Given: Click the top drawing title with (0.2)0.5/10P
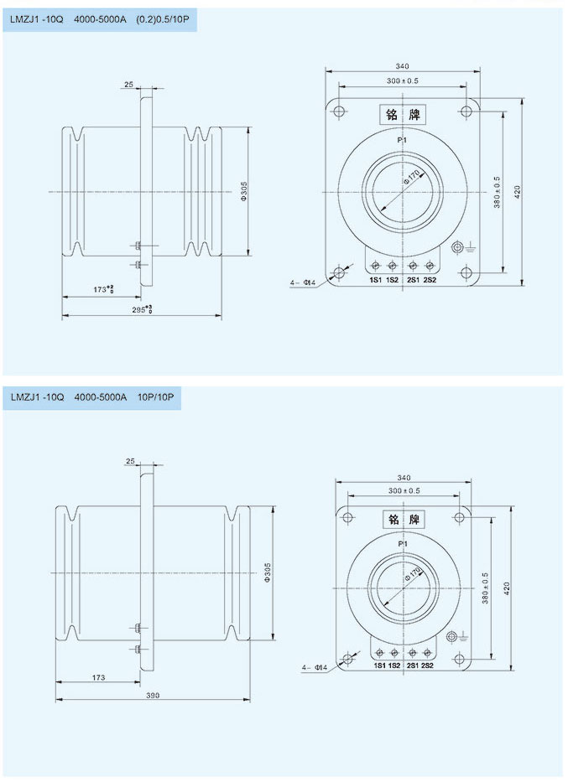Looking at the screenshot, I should coord(100,18).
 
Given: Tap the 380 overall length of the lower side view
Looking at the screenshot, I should coord(152,695).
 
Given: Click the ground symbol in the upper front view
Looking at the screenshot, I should coord(459,248).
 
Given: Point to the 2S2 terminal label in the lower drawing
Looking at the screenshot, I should coord(427,665).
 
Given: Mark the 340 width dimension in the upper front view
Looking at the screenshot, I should coord(402,67).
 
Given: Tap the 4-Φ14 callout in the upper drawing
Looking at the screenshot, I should coord(302,283).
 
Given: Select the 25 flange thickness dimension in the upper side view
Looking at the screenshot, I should coord(128,85).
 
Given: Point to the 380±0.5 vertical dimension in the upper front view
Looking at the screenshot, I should coord(497,192).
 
